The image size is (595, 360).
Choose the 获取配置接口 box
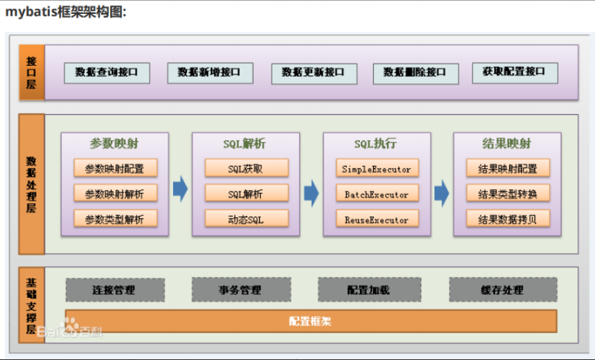[x=514, y=72]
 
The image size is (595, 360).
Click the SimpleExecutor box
[x=376, y=168]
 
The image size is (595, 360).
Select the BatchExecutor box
[x=376, y=194]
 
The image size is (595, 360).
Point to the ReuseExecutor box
[x=376, y=220]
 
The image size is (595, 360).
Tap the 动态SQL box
[x=246, y=220]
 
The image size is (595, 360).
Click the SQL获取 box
[x=246, y=168]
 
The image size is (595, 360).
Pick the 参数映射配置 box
[x=115, y=168]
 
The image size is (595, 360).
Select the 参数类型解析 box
[x=115, y=220]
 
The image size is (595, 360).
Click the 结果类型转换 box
[x=507, y=194]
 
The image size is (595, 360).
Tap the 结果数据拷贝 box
[x=507, y=220]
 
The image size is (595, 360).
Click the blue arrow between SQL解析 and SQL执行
[x=311, y=191]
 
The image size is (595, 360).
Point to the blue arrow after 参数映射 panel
[x=180, y=191]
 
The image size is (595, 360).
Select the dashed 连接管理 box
[x=114, y=290]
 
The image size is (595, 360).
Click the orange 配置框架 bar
[x=310, y=321]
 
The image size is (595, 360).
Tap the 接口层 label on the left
[x=32, y=72]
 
